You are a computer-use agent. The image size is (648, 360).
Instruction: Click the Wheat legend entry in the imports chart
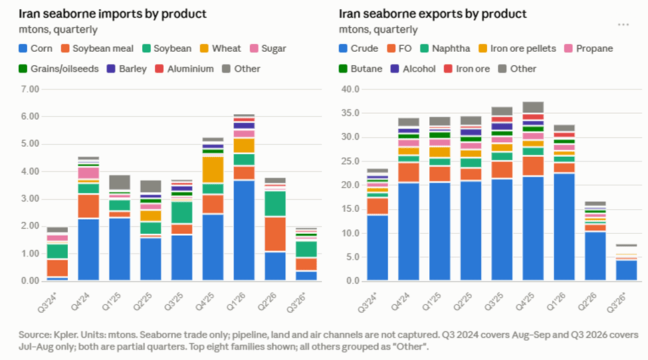coord(220,48)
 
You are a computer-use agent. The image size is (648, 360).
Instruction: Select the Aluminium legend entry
coord(184,68)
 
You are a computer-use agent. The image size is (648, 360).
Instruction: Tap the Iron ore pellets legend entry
coord(517,48)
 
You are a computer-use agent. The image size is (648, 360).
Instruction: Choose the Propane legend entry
coord(588,48)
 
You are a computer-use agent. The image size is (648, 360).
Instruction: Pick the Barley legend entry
coord(127,68)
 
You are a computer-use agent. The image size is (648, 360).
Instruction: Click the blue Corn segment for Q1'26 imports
coord(244,230)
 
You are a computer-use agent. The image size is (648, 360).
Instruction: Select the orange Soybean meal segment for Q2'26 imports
coord(275,234)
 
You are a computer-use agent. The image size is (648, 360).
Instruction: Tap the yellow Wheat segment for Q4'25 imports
coord(213,169)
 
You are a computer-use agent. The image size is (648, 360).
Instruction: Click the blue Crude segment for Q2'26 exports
coord(595,256)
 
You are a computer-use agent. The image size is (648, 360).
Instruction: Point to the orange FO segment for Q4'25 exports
coord(533,166)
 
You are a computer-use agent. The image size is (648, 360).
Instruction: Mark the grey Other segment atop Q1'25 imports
coord(120,182)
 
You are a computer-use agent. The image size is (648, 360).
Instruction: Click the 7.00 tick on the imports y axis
coord(30,89)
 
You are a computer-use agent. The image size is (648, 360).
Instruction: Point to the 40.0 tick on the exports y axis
coord(350,89)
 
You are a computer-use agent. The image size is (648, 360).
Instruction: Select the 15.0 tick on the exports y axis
coord(350,209)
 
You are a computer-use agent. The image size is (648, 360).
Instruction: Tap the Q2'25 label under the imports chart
coord(143,302)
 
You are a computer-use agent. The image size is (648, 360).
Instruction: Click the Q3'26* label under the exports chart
coord(617,303)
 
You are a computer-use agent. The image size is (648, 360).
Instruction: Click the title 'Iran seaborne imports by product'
coord(112,14)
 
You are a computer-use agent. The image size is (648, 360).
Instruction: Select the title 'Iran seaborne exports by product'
coord(433,14)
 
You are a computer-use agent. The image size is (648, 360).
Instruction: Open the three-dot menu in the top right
coord(623,25)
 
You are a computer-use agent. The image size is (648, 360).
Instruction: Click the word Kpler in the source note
coord(65,334)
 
